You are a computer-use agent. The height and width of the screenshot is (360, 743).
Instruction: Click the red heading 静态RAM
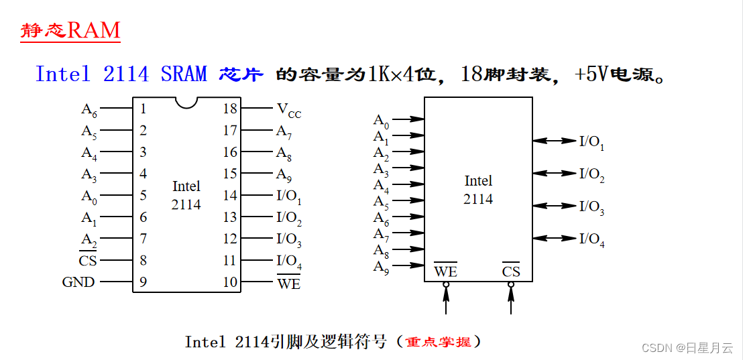coord(70,30)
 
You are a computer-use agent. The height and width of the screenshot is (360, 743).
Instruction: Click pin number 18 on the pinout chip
coord(230,109)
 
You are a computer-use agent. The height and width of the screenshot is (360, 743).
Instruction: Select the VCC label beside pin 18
coord(288,110)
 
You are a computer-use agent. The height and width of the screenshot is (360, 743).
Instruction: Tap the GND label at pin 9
coord(78,282)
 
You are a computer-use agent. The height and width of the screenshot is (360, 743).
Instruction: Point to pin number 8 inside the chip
coord(144,260)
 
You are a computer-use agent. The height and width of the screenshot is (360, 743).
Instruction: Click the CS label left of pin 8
coord(88,260)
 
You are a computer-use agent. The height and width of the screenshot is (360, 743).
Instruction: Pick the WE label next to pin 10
coord(289,283)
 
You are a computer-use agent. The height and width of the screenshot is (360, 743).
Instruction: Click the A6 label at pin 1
coord(89,110)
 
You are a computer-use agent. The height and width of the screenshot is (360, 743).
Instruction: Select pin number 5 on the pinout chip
coord(144,196)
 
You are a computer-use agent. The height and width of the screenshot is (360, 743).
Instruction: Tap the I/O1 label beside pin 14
coord(289,197)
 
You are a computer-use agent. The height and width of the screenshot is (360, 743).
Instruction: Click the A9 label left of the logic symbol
coord(381,267)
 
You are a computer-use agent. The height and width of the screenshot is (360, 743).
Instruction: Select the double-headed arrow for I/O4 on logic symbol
coord(555,238)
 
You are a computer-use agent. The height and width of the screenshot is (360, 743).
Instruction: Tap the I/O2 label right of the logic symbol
coord(591,174)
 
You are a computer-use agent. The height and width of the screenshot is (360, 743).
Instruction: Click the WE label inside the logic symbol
coord(445,272)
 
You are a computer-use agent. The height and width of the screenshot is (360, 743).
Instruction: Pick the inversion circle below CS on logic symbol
coord(511,284)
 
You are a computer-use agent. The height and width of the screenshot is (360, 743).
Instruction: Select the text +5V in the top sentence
coord(593,74)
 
